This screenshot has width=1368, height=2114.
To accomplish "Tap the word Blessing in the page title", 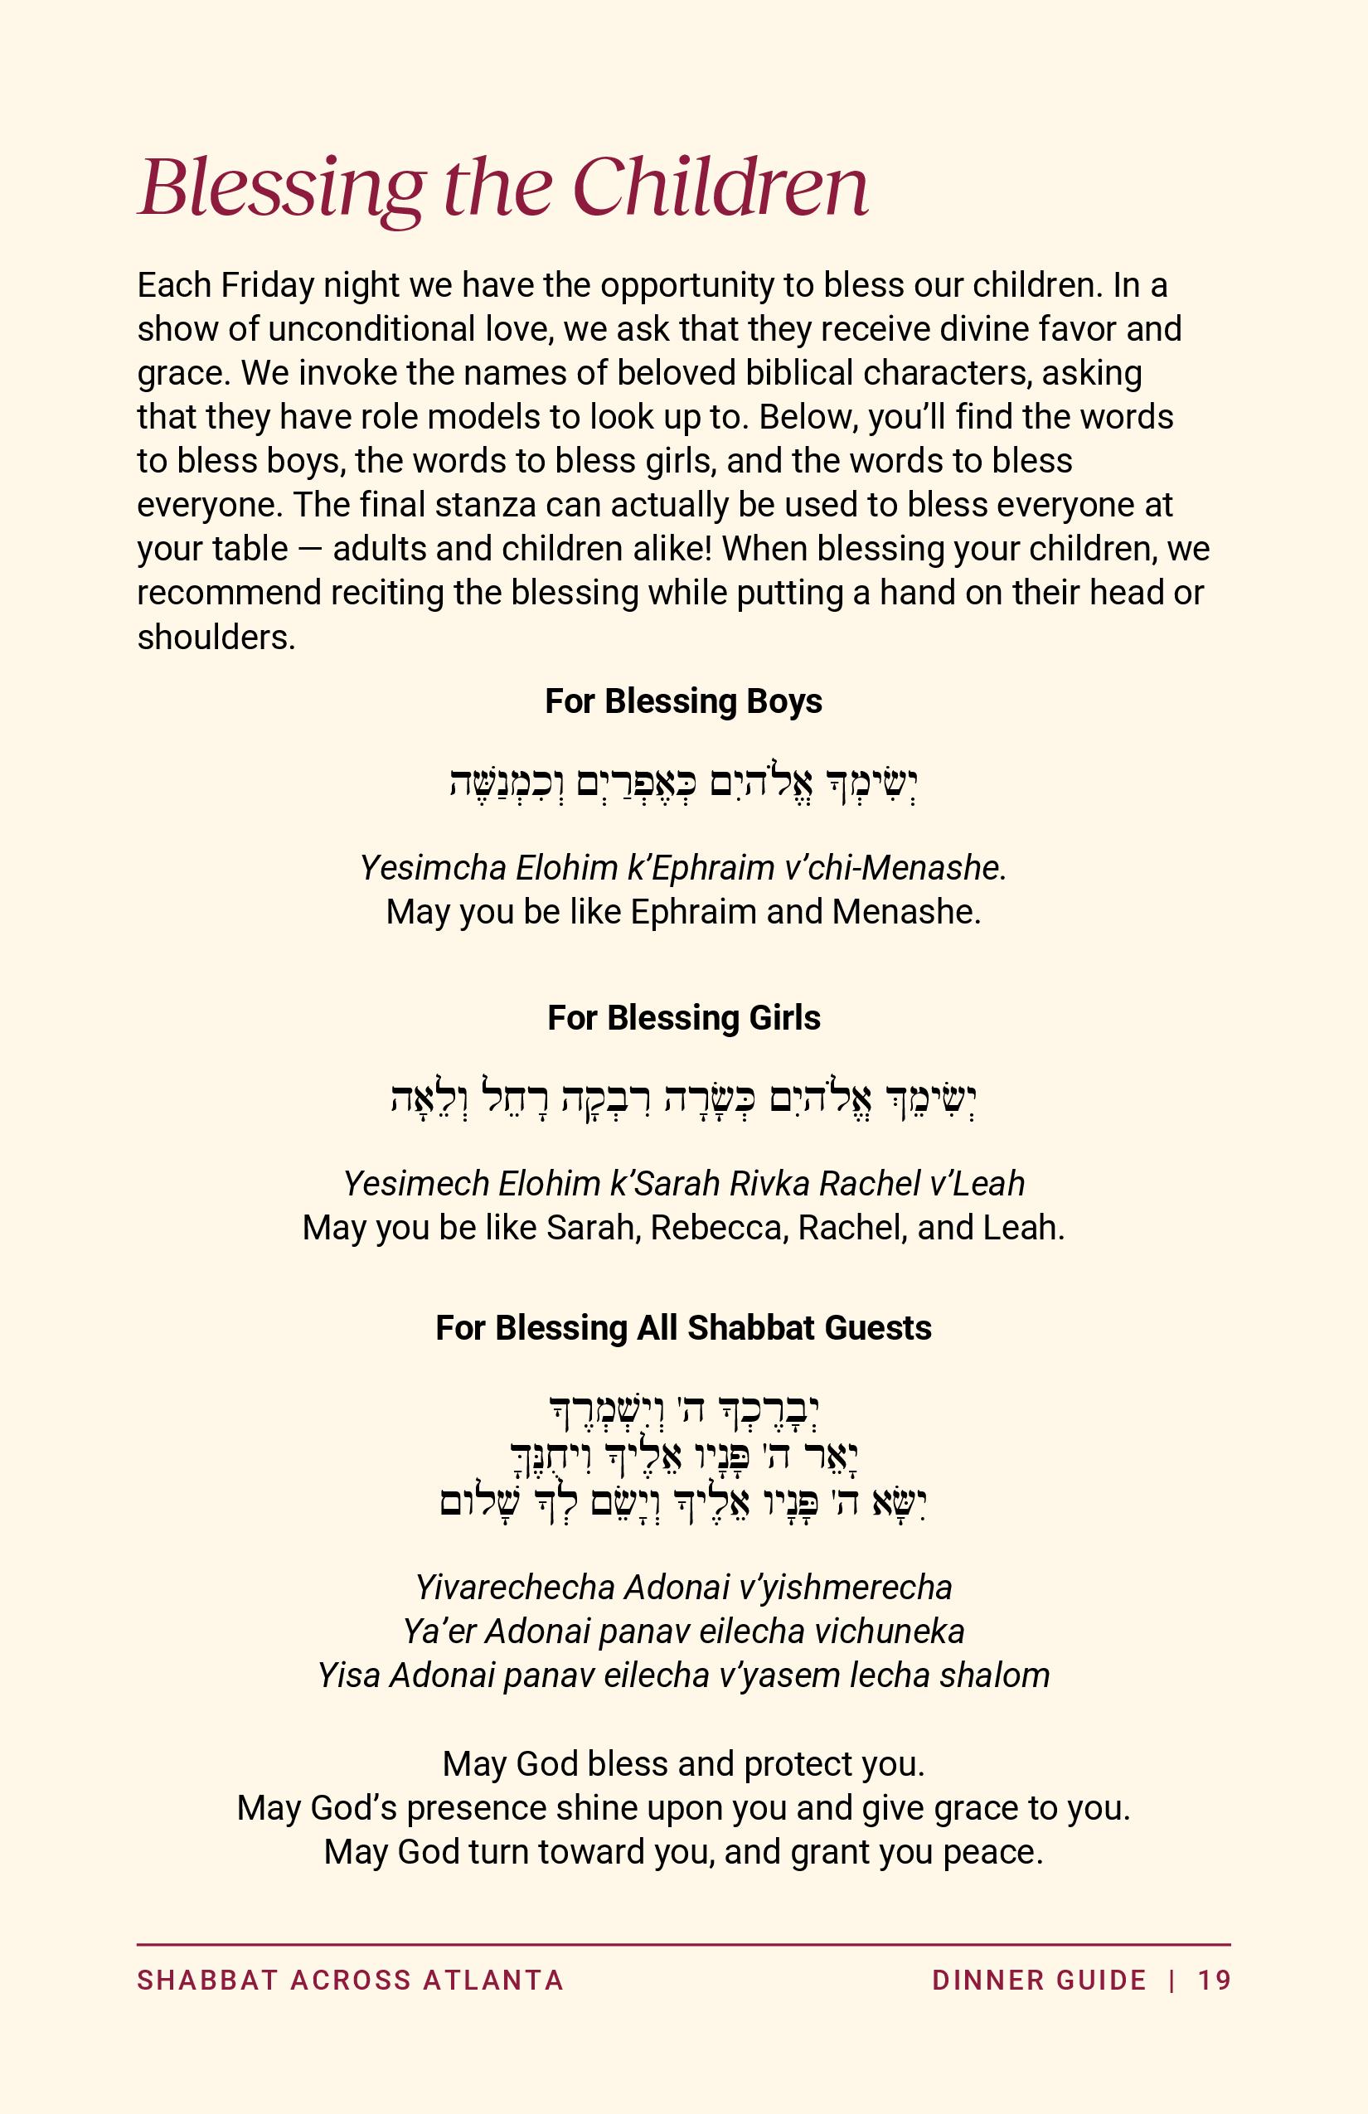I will [x=281, y=188].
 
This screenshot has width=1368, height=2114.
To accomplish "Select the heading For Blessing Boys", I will [x=683, y=701].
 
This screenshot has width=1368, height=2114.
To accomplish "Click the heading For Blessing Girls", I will [x=683, y=1018].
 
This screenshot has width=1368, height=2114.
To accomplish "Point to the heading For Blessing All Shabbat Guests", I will [x=683, y=1328].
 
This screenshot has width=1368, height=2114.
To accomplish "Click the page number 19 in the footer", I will [x=1215, y=1981].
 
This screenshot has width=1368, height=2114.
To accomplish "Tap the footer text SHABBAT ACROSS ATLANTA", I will [x=350, y=1981].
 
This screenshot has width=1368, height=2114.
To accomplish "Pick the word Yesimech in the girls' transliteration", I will [x=415, y=1184].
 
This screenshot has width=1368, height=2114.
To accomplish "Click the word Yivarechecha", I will [x=514, y=1588].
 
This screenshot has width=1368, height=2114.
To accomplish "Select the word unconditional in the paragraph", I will [x=371, y=330].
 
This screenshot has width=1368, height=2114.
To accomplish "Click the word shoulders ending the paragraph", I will [x=216, y=637].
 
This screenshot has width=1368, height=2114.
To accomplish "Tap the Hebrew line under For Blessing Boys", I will [x=683, y=783].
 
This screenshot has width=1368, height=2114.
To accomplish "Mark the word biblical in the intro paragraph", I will [x=798, y=373].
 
